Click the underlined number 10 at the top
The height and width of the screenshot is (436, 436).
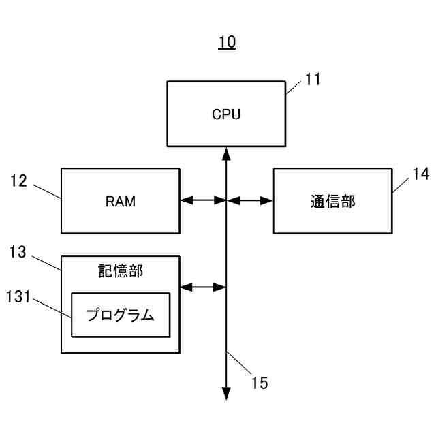227,42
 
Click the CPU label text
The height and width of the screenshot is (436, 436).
225,114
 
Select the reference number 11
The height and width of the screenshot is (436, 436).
313,79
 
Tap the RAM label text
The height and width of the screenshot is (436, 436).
121,201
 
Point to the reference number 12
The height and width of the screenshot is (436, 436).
19,181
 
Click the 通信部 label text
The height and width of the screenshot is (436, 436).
332,201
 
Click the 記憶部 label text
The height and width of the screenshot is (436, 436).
121,270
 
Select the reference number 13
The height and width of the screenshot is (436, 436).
18,253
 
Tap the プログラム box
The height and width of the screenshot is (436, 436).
121,315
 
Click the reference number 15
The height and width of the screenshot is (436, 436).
260,383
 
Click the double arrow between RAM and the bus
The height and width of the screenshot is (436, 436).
203,200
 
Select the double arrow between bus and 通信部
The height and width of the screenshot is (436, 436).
250,200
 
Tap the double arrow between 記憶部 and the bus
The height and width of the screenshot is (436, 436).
203,287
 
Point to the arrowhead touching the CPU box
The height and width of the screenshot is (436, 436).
226,153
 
